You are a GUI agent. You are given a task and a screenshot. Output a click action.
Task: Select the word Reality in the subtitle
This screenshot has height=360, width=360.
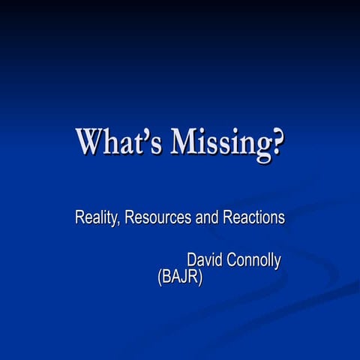point(97,218)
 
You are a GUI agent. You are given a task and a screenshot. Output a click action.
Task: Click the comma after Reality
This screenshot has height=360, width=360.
point(120,223)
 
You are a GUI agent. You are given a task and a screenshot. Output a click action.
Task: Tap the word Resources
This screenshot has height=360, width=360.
point(158,218)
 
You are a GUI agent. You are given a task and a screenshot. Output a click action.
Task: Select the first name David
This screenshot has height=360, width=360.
point(205,260)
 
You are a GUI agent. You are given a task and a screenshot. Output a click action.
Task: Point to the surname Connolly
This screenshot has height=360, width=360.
point(254,261)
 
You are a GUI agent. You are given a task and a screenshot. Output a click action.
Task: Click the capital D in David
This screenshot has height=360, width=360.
point(192,260)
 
